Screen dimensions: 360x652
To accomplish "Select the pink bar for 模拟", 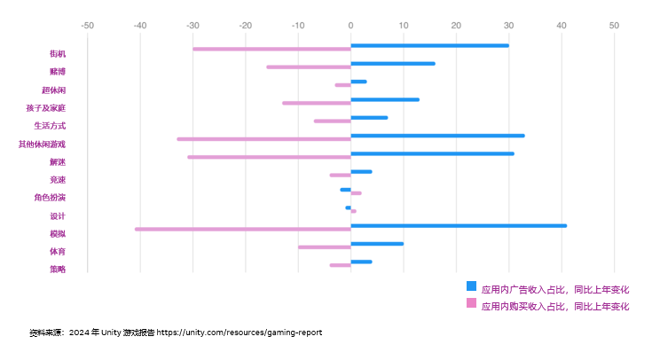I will tap(243, 229).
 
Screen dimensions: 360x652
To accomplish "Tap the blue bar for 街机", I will tap(430, 45).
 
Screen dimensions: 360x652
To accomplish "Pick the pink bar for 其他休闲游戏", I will tap(264, 139).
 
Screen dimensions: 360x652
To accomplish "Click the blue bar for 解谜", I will tap(433, 153).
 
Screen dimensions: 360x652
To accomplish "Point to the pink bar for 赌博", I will tap(309, 67).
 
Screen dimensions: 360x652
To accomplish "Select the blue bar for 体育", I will tap(377, 244).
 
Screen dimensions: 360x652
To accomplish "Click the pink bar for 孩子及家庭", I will tap(317, 103).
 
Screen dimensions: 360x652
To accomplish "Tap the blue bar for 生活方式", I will tap(369, 118).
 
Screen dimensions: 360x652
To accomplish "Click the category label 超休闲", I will tap(53, 90).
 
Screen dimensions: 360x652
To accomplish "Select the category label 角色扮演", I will tap(50, 198).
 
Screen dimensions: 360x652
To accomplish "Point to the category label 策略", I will tap(57, 270).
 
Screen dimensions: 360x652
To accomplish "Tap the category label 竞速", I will tap(57, 180).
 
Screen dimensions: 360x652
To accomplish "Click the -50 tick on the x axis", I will tap(87, 26).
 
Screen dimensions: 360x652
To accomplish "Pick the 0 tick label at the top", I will tap(350, 26).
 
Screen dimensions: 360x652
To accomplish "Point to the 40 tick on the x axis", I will tap(562, 26).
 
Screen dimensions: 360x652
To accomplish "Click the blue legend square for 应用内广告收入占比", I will tap(471, 286).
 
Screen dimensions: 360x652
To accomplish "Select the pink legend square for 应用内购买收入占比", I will tap(471, 303).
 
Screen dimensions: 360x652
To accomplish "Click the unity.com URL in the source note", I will tap(240, 333).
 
